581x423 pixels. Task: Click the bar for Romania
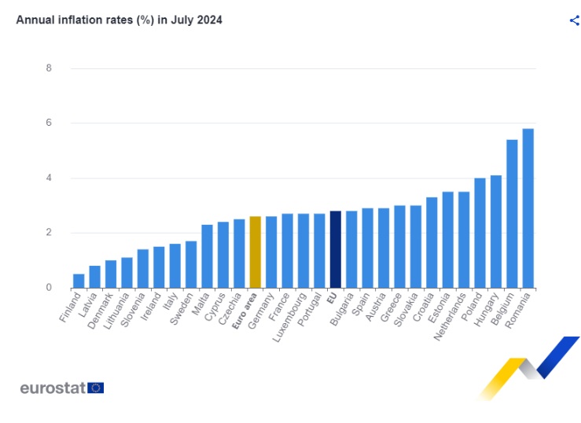pos(528,208)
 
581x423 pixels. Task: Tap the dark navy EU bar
pos(335,249)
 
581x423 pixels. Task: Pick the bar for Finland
pos(79,281)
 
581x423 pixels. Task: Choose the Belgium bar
pos(512,214)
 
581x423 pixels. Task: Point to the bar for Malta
pos(207,256)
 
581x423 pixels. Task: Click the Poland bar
pos(480,233)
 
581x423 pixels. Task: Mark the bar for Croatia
pos(432,242)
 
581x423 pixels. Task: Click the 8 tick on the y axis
pos(49,68)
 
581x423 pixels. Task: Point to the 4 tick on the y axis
pos(49,178)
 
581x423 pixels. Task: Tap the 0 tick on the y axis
pos(49,288)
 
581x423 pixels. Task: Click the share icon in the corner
pos(574,20)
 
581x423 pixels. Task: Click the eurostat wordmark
pos(53,388)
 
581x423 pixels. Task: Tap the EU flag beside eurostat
pos(96,388)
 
